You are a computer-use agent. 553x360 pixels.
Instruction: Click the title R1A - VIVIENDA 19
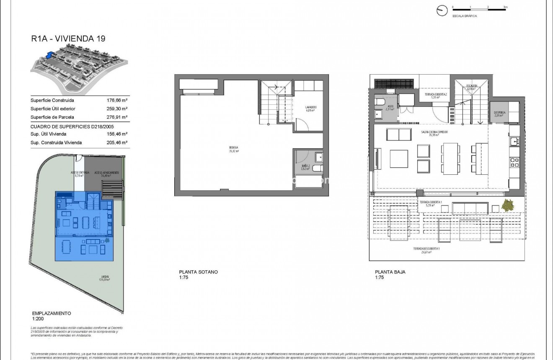(x=68, y=39)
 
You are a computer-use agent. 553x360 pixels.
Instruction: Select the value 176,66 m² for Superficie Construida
(x=117, y=101)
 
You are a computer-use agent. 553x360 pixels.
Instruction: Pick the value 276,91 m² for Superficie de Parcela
(x=117, y=117)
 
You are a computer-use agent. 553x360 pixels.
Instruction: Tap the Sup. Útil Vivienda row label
(x=48, y=134)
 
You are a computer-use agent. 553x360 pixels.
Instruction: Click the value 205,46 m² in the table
(x=117, y=142)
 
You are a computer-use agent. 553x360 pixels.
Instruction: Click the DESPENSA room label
(x=498, y=113)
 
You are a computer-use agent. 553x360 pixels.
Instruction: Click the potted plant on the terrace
(x=508, y=206)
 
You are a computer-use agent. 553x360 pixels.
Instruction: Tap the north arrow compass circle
(x=442, y=11)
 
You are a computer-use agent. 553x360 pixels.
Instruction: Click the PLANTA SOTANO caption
(x=198, y=272)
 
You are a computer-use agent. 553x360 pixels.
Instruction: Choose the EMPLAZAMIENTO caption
(x=52, y=313)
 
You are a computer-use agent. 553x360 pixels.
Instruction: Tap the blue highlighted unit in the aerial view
(x=50, y=54)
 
